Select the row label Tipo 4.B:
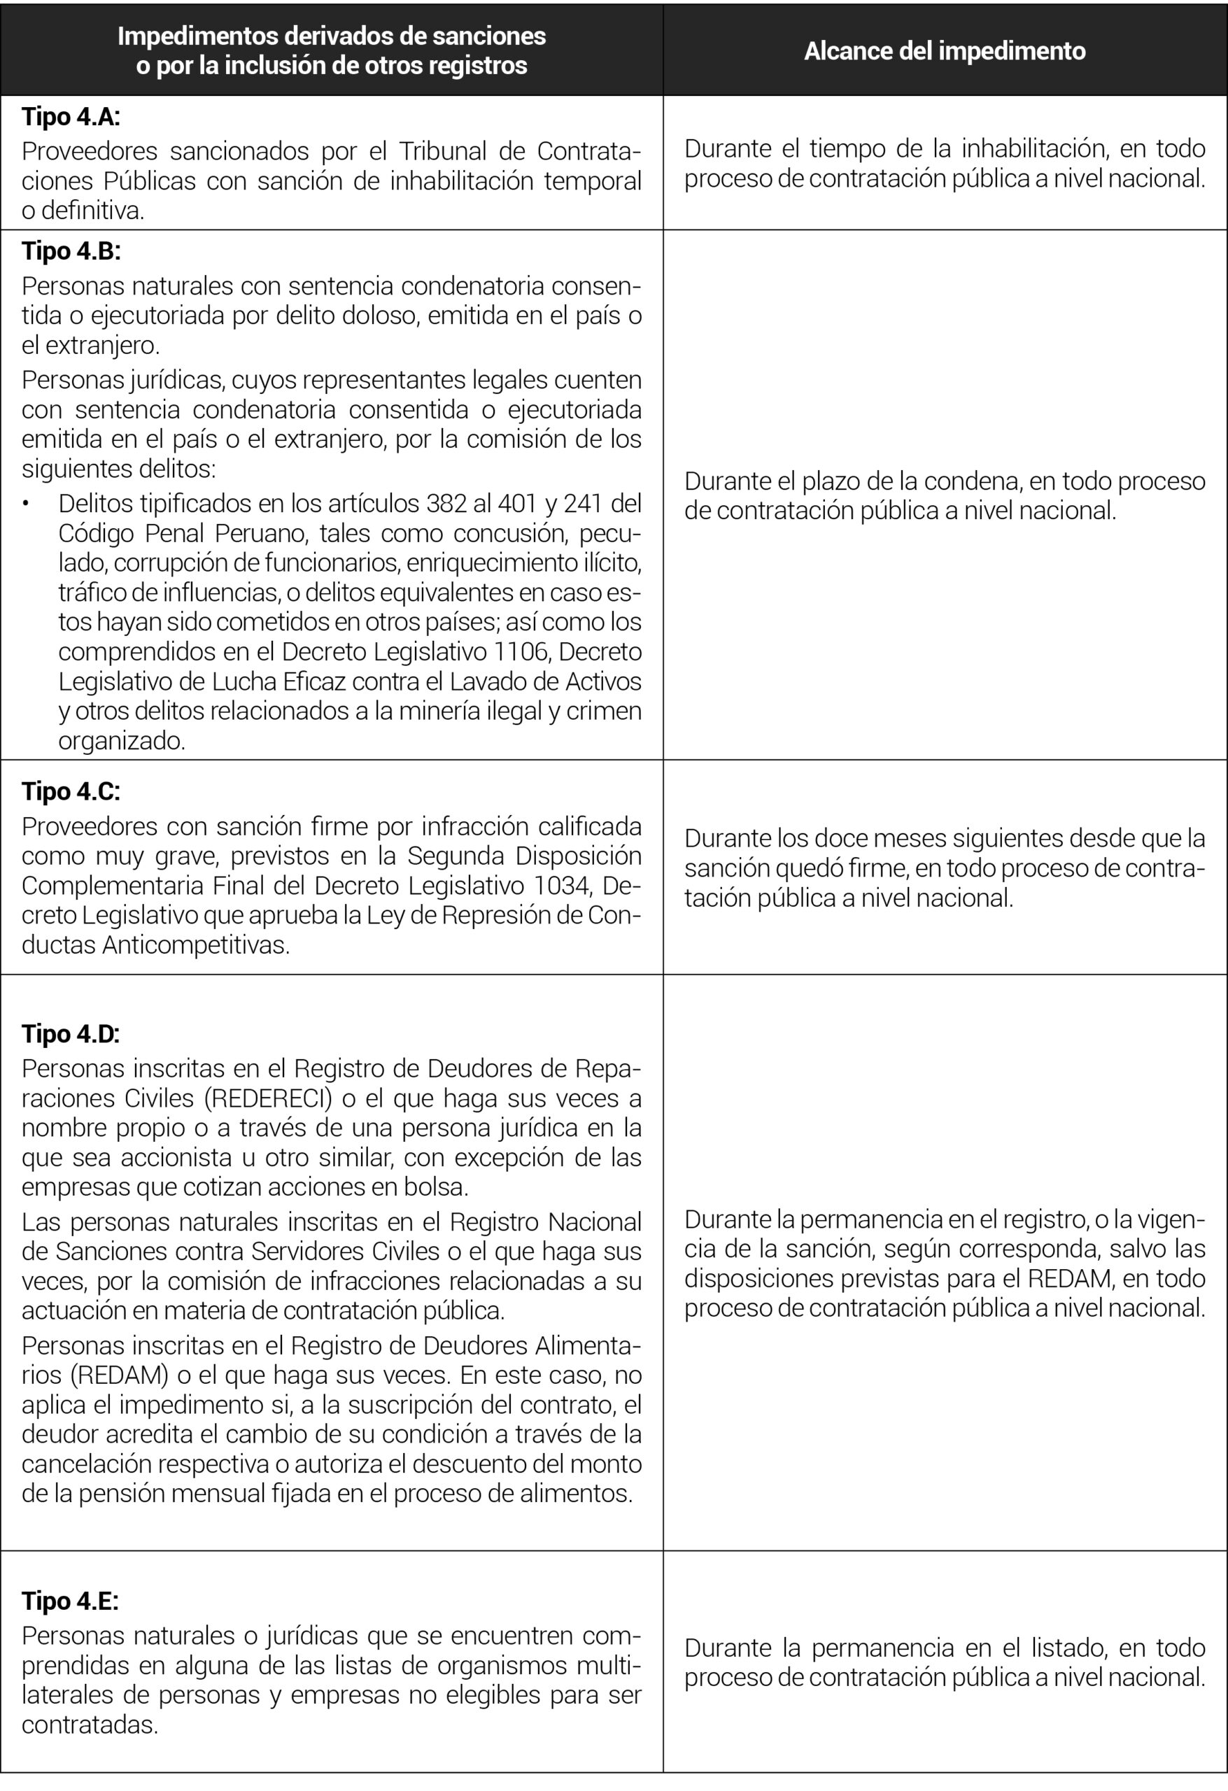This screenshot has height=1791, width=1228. tap(71, 251)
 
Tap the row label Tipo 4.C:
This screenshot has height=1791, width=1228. tap(71, 791)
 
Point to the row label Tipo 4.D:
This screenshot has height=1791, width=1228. tap(71, 1033)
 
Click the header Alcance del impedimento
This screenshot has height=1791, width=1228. tap(945, 51)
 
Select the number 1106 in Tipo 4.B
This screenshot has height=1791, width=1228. tap(522, 652)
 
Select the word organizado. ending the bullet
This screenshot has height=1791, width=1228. tap(122, 742)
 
